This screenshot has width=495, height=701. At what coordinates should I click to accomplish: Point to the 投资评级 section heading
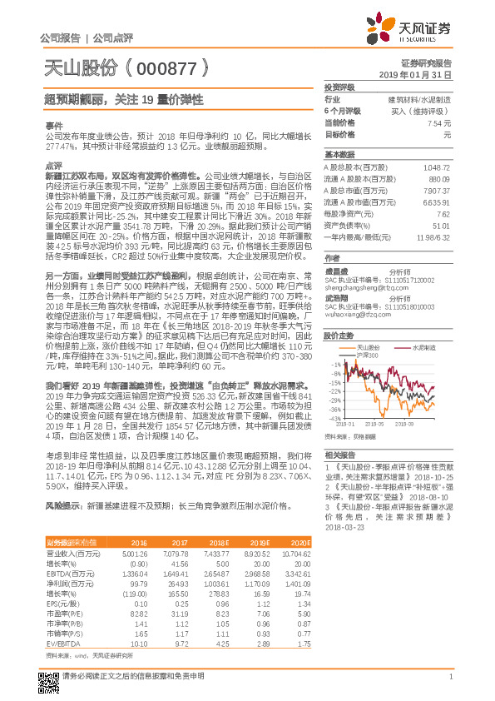[x=339, y=87]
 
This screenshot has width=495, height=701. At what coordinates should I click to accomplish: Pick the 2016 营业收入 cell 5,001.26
[x=134, y=529]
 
